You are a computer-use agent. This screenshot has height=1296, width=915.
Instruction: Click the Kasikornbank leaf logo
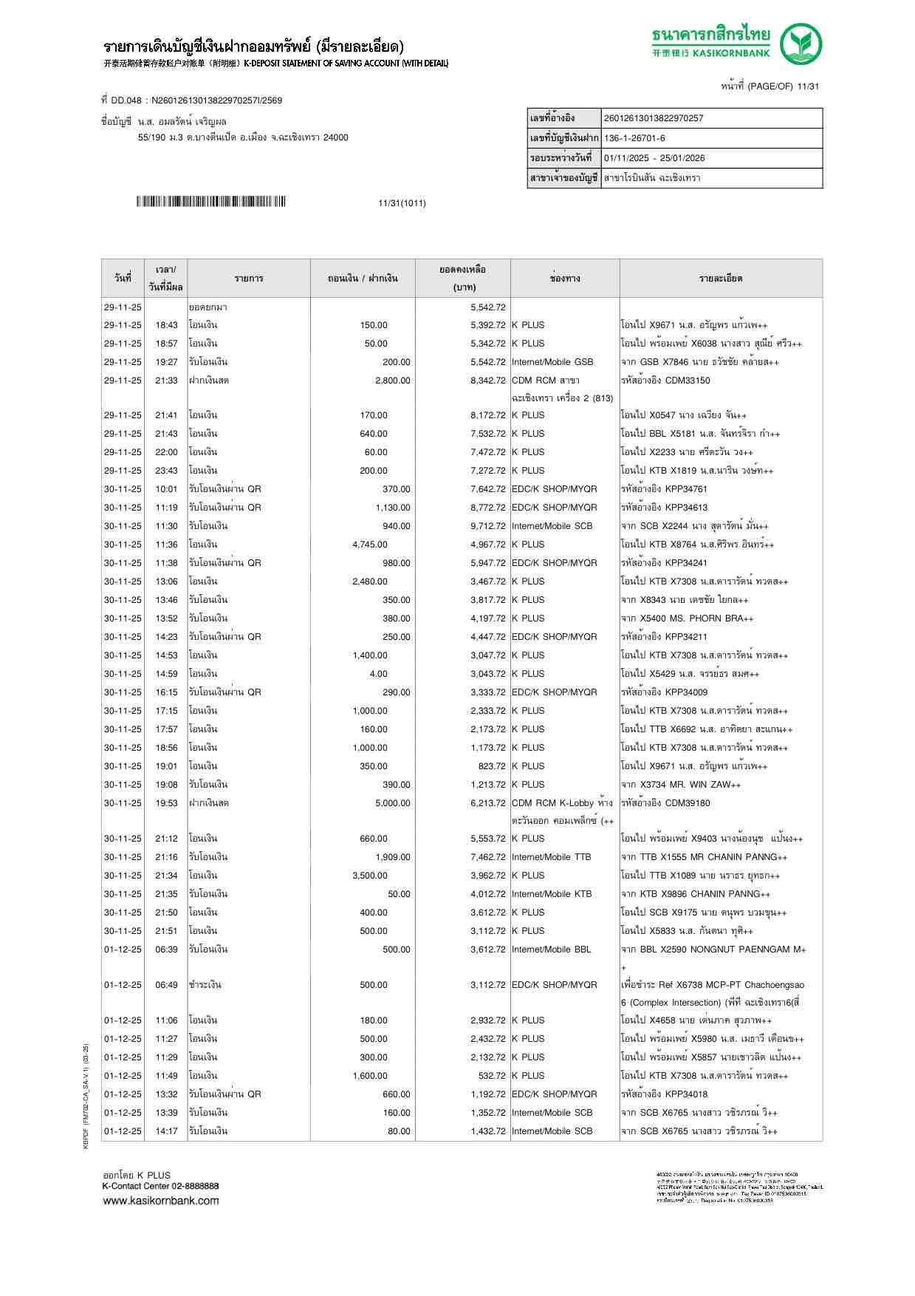click(x=801, y=44)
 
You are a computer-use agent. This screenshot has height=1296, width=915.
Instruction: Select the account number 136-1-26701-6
click(x=634, y=138)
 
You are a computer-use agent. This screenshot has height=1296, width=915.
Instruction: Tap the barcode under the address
click(x=210, y=202)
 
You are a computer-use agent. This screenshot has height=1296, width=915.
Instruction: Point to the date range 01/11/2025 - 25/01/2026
click(x=654, y=158)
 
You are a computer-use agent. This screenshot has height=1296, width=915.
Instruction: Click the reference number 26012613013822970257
click(x=653, y=118)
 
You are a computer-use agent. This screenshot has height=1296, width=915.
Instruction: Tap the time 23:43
click(x=166, y=471)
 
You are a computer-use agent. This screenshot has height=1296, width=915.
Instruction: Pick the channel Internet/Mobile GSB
click(x=552, y=362)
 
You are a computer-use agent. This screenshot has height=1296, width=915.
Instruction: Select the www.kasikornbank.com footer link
click(x=161, y=1200)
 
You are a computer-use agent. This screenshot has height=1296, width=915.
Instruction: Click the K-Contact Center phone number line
click(x=161, y=1186)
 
